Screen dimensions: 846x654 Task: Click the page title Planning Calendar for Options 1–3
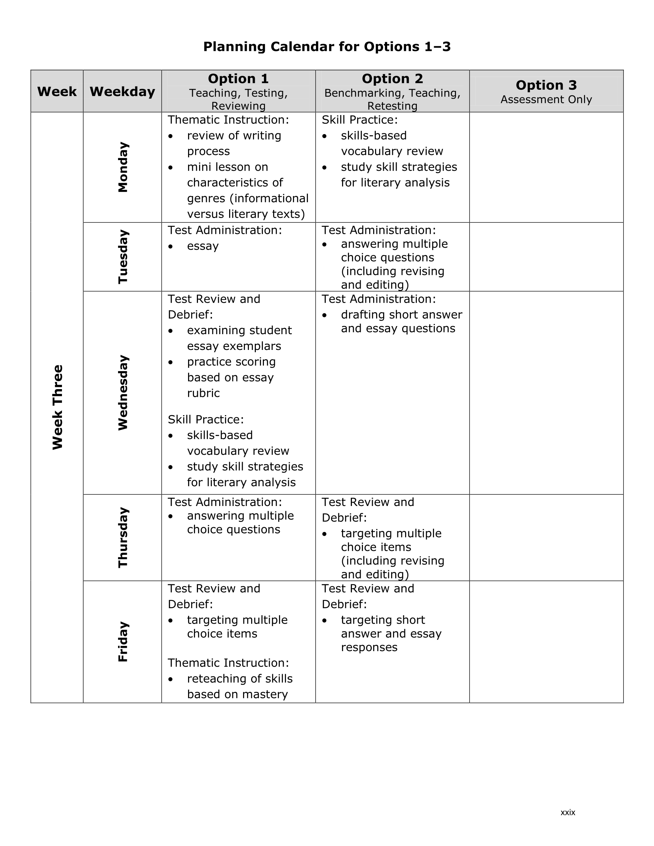(327, 47)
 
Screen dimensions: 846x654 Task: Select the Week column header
(57, 92)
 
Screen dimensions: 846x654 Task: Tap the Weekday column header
(122, 92)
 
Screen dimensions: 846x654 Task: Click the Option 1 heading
(238, 79)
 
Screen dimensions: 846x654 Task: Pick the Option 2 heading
(392, 79)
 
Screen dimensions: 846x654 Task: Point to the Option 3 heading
(546, 85)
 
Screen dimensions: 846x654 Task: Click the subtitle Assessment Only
(546, 100)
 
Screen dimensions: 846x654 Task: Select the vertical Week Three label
(58, 407)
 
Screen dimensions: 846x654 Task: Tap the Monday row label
(122, 167)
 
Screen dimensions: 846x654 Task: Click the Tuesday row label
(122, 257)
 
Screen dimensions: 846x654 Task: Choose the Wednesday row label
(122, 392)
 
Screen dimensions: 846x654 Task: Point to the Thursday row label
(122, 537)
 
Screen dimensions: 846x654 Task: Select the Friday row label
(122, 642)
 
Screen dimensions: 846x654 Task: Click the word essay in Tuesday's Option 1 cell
(203, 246)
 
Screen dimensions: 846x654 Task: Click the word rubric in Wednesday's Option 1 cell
(203, 393)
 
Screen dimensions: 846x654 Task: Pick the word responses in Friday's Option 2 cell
(369, 647)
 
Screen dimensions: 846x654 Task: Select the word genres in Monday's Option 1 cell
(206, 199)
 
